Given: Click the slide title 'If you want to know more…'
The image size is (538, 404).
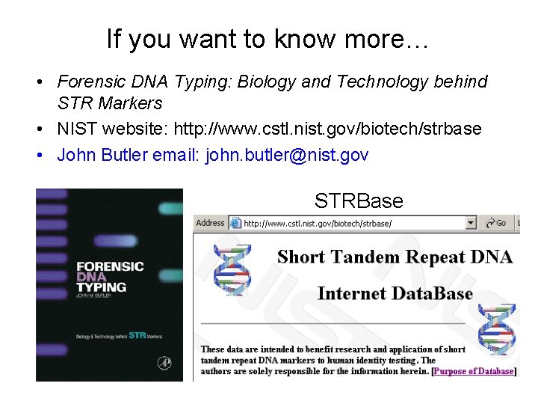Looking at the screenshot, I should coord(268,38).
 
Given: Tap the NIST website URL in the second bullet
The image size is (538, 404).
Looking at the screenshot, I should coord(327,129).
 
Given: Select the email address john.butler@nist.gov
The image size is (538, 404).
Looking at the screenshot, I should coord(293,155).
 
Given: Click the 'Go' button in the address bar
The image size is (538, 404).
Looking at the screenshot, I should coord(496,223).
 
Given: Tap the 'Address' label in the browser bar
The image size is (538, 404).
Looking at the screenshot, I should coord(210,223).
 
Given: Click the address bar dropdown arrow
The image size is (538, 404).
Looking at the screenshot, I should coord(471,223).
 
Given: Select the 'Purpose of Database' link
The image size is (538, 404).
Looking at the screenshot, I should coord(474,371).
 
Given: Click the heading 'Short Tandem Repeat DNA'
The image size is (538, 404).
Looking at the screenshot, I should coord(395,257).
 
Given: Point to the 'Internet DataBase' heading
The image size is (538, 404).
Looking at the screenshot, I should coord(395,293).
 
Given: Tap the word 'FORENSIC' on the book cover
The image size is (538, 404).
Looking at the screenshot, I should coord(111,266).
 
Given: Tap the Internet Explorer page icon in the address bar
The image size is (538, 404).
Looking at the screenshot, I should coord(235,223).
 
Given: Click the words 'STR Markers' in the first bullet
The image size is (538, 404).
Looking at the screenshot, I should coord(110,102).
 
